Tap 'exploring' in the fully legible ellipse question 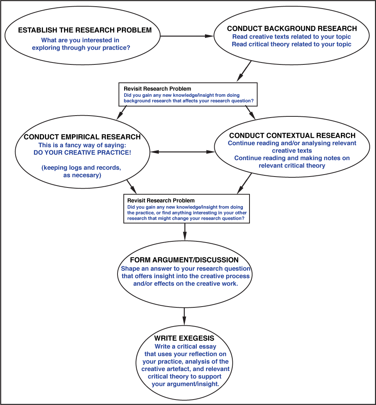[x=46, y=48]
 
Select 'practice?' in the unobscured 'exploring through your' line [x=118, y=48]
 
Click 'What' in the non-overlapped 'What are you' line [x=49, y=40]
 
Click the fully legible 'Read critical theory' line [x=291, y=45]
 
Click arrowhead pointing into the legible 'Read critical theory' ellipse [x=211, y=36]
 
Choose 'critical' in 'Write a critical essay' [x=187, y=346]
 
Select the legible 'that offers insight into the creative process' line [x=185, y=276]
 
